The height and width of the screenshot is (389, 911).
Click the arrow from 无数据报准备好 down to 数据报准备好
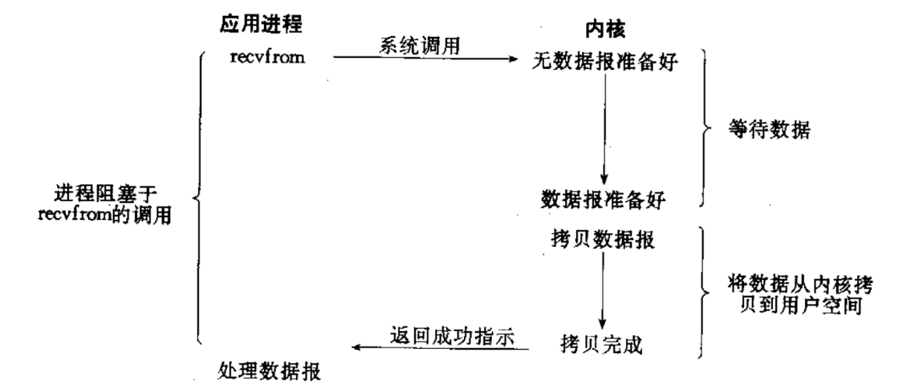tap(604, 128)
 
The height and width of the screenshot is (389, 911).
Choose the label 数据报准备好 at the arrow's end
tap(604, 198)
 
